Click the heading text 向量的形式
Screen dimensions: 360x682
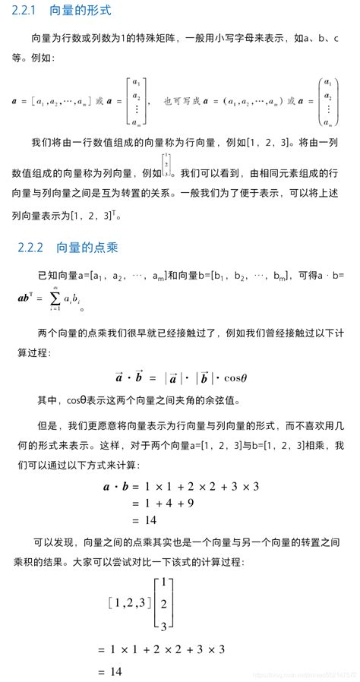pos(80,11)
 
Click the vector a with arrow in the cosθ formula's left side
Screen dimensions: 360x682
pos(120,377)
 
